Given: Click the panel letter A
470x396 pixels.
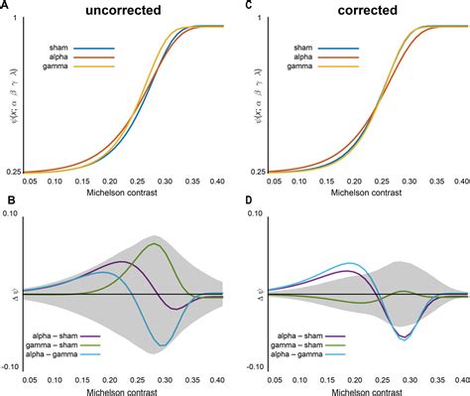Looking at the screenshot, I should [x=6, y=6].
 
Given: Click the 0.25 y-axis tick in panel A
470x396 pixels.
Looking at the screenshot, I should [x=14, y=172].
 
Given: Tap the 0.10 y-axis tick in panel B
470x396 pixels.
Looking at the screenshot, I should [x=14, y=216].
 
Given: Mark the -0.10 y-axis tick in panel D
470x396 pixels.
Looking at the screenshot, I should [x=254, y=368].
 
